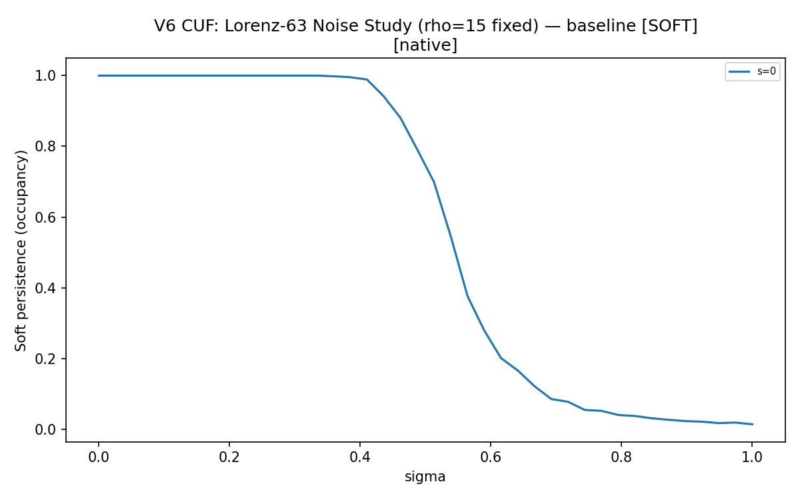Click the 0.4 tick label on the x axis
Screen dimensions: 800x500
pos(359,457)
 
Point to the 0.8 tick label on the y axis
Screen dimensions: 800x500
pos(45,146)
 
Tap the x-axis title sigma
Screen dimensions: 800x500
pos(425,477)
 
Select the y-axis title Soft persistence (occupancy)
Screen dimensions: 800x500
pos(21,251)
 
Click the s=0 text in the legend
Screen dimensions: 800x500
pos(767,71)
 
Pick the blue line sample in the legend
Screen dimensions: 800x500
pos(739,71)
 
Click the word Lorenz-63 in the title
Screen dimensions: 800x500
pos(265,26)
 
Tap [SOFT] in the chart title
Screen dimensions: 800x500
pos(669,26)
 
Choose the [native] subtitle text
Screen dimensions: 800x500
pos(425,45)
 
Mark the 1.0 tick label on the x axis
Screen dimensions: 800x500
pos(752,457)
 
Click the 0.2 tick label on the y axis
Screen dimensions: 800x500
pos(45,359)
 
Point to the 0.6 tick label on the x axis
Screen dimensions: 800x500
pos(491,457)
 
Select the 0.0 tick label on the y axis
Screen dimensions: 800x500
pos(45,429)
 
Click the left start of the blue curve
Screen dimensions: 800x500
pos(99,76)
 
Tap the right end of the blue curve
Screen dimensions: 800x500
pos(753,424)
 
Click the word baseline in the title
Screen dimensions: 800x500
pos(601,26)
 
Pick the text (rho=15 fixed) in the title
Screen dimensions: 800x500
pos(478,26)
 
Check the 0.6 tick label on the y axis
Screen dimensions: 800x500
pos(45,217)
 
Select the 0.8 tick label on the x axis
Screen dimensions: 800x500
pos(621,457)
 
